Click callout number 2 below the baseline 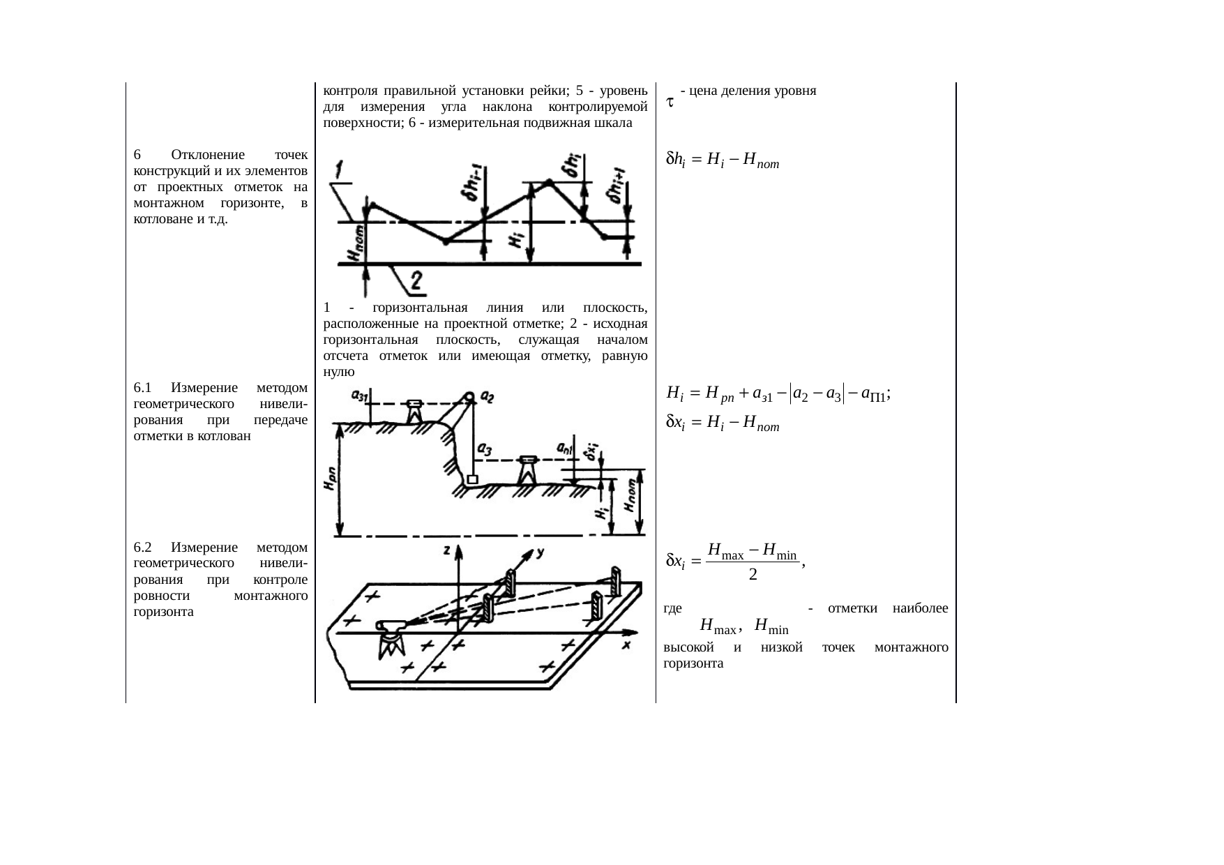[x=416, y=281]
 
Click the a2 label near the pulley [x=488, y=397]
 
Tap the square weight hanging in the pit [x=472, y=480]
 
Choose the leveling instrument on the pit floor [x=528, y=471]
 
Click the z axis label [x=446, y=550]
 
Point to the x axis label [x=627, y=645]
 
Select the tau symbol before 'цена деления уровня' [x=668, y=102]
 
